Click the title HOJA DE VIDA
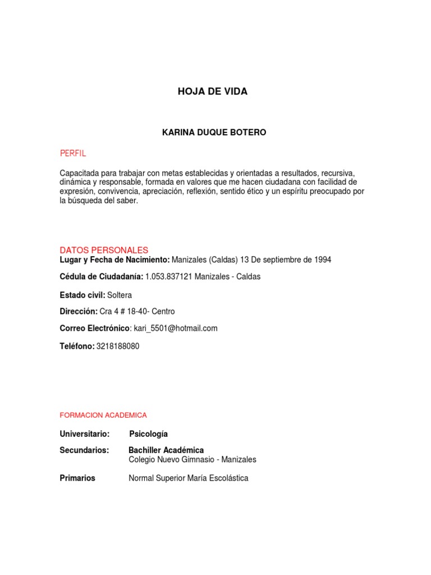coord(212,92)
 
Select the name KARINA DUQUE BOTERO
coord(214,133)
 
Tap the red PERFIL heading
coord(73,153)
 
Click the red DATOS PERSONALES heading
coord(104,250)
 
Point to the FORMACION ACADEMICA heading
coord(103,415)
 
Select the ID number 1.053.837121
coord(168,277)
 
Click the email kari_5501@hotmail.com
coord(176,328)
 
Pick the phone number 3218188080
coord(118,346)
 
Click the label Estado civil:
coord(82,295)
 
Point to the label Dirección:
coord(79,312)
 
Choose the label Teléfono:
coord(77,346)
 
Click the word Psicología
coord(148,434)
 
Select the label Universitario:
coord(84,434)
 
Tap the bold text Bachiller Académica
coord(166,450)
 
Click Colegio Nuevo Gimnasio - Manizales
coord(192,459)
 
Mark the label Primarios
coord(77,478)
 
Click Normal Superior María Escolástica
coord(188,478)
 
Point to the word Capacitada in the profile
coord(78,173)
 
